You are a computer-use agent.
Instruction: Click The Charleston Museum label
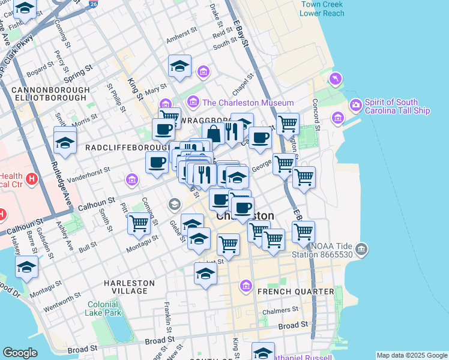(248, 103)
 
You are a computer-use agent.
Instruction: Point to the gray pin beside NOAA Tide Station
(361, 248)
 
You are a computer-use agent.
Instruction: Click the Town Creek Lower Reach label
(322, 8)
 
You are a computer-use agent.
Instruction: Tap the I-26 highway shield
(92, 4)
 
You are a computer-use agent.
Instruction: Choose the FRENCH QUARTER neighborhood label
(295, 292)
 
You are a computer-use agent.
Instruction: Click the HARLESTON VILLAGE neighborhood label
(129, 287)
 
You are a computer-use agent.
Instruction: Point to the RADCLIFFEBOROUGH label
(125, 147)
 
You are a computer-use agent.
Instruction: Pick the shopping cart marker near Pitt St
(139, 223)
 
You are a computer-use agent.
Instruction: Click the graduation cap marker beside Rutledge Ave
(65, 142)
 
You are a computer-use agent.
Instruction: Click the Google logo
(20, 353)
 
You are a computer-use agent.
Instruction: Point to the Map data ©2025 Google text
(412, 355)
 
